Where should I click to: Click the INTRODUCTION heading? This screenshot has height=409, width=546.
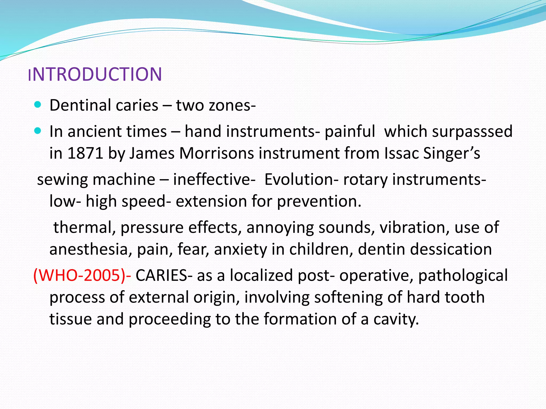click(x=95, y=74)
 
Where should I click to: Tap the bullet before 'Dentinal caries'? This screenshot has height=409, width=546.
click(x=38, y=105)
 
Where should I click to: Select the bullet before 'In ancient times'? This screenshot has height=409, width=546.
click(x=38, y=131)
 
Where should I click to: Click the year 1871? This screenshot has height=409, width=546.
click(x=85, y=153)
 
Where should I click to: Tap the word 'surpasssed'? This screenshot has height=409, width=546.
click(x=472, y=132)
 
